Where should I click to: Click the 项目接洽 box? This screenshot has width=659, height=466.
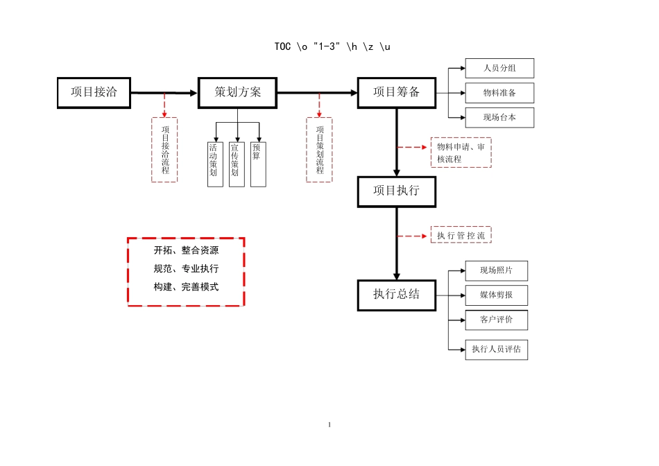(94, 93)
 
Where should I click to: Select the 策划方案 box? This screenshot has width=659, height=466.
(237, 93)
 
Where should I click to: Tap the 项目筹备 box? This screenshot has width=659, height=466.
(397, 93)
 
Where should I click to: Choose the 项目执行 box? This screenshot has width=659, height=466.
(397, 192)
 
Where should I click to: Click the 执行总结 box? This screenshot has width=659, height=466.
(397, 294)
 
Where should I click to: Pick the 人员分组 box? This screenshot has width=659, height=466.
(499, 68)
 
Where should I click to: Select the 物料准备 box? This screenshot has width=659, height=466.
(499, 93)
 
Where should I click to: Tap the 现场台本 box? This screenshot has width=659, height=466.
(499, 118)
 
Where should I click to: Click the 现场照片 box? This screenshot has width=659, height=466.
(497, 270)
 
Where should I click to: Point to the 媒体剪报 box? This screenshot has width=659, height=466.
(497, 295)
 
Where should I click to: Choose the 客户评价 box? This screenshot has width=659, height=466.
(497, 320)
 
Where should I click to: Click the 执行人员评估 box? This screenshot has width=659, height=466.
(497, 349)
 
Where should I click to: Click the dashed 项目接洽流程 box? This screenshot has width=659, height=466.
(164, 150)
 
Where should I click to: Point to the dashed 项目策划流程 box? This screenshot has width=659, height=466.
(319, 150)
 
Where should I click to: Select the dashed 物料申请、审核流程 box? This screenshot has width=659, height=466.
(461, 153)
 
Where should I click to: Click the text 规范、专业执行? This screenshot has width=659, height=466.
(186, 268)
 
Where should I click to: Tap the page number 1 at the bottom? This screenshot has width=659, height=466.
(329, 424)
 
